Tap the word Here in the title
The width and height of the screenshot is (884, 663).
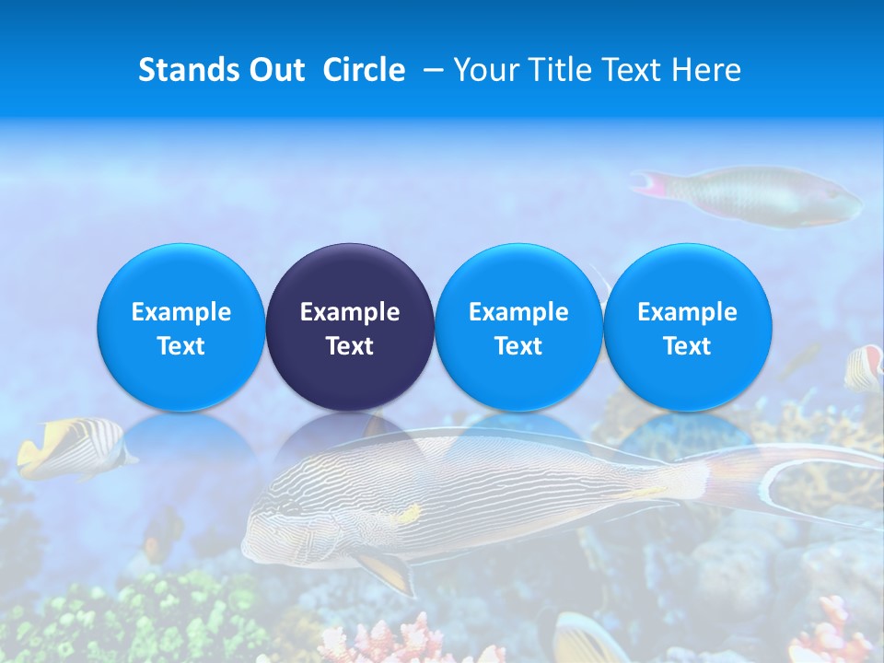click(706, 70)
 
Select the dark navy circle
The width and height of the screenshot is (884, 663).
click(350, 327)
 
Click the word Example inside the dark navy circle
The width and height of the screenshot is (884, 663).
click(350, 312)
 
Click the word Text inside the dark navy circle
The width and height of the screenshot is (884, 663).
click(350, 346)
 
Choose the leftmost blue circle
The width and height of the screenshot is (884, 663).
click(181, 327)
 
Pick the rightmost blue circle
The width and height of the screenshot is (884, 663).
click(688, 327)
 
